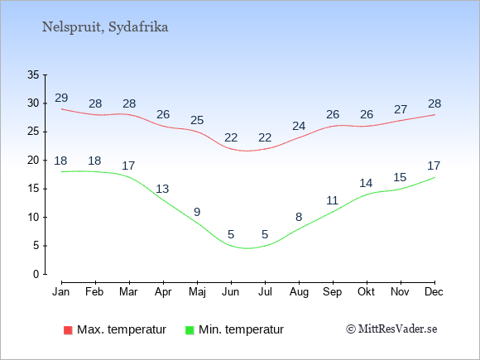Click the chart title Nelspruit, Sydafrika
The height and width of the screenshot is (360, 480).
(x=105, y=27)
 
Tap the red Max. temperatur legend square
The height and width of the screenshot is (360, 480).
(x=68, y=330)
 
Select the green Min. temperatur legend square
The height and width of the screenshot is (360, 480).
(x=190, y=330)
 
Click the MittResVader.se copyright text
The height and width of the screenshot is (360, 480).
(x=391, y=329)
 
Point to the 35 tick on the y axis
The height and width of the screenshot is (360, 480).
(x=33, y=74)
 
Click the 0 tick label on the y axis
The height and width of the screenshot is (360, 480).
(x=36, y=274)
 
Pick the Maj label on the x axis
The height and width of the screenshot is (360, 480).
(x=197, y=292)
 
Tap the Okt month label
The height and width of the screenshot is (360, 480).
(x=366, y=292)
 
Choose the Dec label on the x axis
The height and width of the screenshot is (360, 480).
(x=434, y=292)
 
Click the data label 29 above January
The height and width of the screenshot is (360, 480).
(x=61, y=98)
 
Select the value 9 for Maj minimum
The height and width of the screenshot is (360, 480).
(x=197, y=212)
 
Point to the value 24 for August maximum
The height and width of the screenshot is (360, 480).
(x=299, y=126)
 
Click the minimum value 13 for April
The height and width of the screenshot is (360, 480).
(x=162, y=189)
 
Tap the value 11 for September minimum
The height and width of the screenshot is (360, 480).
(x=332, y=200)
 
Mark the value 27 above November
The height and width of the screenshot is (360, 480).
(x=401, y=109)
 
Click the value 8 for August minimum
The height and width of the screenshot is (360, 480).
(x=299, y=217)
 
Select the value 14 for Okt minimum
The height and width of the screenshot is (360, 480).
(x=366, y=184)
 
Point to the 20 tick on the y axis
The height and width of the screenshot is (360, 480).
(x=33, y=160)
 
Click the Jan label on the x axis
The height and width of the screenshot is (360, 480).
(x=61, y=292)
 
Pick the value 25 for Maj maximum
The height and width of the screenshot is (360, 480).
(x=197, y=120)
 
